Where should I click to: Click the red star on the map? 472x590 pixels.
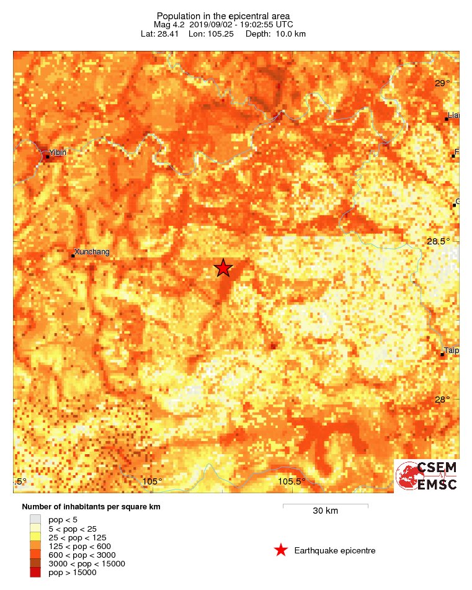coord(223,268)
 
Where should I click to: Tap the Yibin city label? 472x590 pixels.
coord(58,153)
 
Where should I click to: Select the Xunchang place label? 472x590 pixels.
coord(92,252)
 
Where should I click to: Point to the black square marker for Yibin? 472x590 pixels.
coord(47,156)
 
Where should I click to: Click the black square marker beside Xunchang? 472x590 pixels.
coord(73,256)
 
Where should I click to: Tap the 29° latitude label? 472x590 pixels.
coord(442,84)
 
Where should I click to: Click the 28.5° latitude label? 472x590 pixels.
coord(439,241)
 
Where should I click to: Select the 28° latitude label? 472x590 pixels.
coord(442,400)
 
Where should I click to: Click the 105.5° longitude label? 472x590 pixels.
coord(292,481)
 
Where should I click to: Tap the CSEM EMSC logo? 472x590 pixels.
coord(426,476)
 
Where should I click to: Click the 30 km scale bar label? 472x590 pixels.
coord(325,511)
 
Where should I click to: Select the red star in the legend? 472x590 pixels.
coord(281,550)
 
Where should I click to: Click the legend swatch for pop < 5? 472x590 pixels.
coord(35,519)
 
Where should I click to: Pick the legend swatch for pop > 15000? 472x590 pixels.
coord(35,573)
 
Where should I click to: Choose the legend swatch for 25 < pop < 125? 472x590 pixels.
coord(35,537)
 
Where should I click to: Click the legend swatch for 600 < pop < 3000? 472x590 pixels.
coord(35,555)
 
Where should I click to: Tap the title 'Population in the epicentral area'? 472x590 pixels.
coord(223,16)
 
